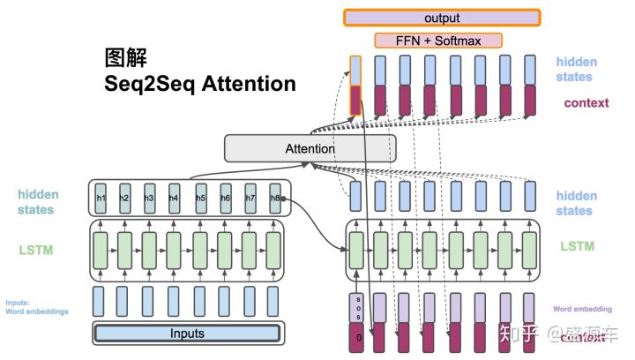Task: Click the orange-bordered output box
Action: click(442, 17)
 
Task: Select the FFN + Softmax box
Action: click(438, 41)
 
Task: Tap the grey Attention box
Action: click(310, 149)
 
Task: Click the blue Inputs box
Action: click(187, 334)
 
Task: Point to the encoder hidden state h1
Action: click(101, 198)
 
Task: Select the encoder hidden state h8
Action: click(276, 198)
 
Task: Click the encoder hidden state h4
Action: click(175, 198)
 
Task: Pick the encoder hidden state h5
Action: click(201, 198)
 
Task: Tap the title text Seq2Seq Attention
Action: click(200, 85)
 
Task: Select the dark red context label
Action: click(586, 102)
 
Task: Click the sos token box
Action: click(355, 309)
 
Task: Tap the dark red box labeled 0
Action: click(355, 338)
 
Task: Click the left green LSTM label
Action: click(35, 250)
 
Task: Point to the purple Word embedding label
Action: click(581, 310)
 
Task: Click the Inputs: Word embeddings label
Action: click(36, 307)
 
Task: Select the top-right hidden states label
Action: click(576, 70)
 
